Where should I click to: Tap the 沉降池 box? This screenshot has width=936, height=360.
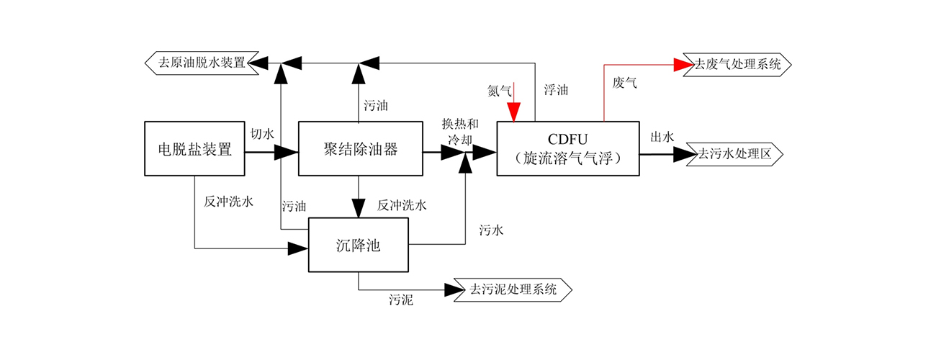pyautogui.click(x=358, y=245)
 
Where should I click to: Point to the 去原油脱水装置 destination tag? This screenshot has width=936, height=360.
pyautogui.click(x=204, y=63)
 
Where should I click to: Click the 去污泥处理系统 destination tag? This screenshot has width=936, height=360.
pyautogui.click(x=513, y=289)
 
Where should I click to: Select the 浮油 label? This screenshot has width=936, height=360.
pyautogui.click(x=557, y=91)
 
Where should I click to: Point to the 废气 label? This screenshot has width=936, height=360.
pyautogui.click(x=624, y=83)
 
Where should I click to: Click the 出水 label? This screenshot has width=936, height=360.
pyautogui.click(x=662, y=137)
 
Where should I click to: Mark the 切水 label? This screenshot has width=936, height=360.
pyautogui.click(x=262, y=135)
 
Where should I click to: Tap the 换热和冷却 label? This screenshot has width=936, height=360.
pyautogui.click(x=459, y=132)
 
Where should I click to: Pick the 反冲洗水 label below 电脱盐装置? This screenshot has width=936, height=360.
pyautogui.click(x=228, y=202)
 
